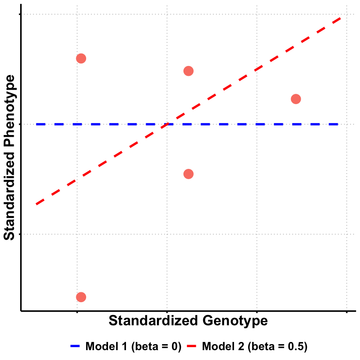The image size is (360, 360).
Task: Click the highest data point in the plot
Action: pyautogui.click(x=81, y=58)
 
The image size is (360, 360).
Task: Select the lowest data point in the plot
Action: pyautogui.click(x=81, y=297)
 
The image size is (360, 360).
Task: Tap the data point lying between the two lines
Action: pyautogui.click(x=296, y=99)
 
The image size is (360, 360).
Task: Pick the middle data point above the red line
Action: pyautogui.click(x=188, y=71)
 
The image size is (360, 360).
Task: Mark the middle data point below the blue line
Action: pyautogui.click(x=188, y=174)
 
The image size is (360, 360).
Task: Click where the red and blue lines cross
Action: pyautogui.click(x=167, y=124)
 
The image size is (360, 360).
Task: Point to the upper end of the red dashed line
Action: pyautogui.click(x=341, y=18)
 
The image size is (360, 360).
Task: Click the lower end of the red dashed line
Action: pyautogui.click(x=37, y=204)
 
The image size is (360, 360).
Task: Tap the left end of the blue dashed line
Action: pyautogui.click(x=37, y=124)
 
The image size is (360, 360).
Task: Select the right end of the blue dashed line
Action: pyautogui.click(x=339, y=124)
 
